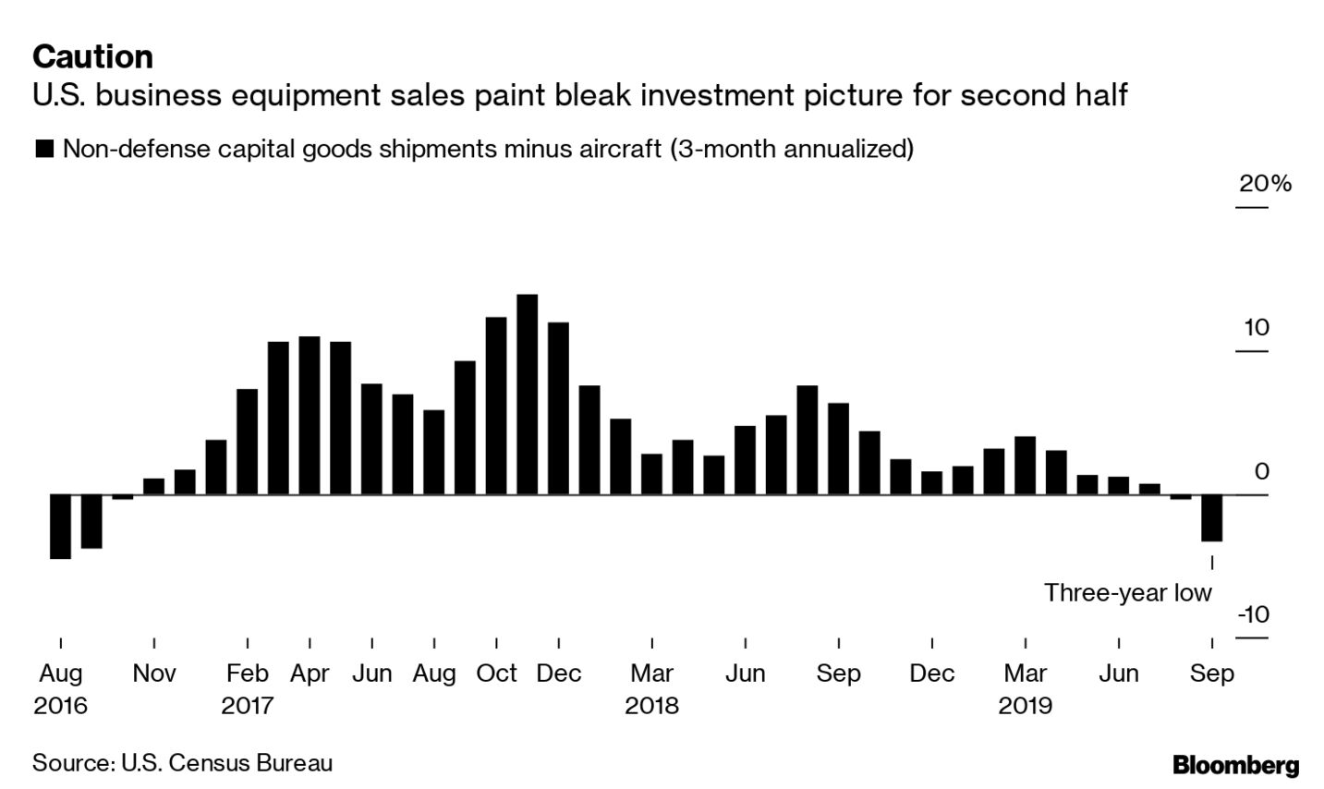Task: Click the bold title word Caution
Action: (x=92, y=57)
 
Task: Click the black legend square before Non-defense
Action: (x=43, y=149)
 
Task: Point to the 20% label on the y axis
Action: (x=1265, y=184)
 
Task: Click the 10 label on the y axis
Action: (x=1257, y=328)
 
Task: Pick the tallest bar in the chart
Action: (x=527, y=394)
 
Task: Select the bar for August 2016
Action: (x=61, y=527)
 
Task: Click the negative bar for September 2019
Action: (x=1211, y=517)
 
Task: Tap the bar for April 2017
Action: (x=310, y=416)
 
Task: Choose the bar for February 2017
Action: (x=248, y=442)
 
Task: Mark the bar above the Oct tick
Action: (x=496, y=406)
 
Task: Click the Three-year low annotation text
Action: (x=1127, y=593)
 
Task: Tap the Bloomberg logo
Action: (x=1235, y=765)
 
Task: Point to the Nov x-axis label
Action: (x=153, y=674)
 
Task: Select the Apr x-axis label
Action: (x=310, y=674)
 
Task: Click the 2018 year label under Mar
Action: (x=651, y=707)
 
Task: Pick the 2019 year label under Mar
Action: (x=1025, y=707)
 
